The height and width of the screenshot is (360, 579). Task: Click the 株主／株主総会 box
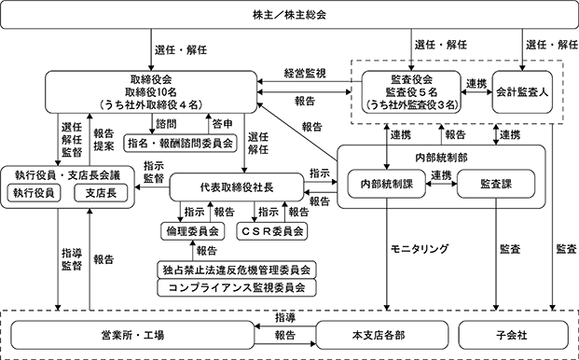coord(289,15)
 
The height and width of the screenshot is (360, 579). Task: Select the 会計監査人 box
coord(522,92)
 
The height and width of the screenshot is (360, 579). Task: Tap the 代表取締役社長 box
coord(237,187)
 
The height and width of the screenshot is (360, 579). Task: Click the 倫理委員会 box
coord(192,231)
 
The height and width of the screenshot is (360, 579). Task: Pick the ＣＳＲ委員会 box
coord(272,231)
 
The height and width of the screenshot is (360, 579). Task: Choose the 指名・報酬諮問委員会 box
coord(180,144)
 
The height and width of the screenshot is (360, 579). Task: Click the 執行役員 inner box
coord(34,193)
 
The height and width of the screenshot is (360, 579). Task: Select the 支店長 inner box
coord(101,193)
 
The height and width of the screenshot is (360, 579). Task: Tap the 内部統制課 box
coord(387,184)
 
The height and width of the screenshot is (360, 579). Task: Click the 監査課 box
coord(496,184)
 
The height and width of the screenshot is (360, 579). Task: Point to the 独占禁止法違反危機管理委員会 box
coord(237,270)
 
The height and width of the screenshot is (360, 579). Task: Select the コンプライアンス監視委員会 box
coord(237,287)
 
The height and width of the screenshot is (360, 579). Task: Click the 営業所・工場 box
coord(132,335)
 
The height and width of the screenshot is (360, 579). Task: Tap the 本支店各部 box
coord(382,335)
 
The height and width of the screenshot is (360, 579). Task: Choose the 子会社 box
coord(514,335)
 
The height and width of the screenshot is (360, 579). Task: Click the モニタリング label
coord(420,249)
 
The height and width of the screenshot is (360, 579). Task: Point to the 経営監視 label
coord(305,73)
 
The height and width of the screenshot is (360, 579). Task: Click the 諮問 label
coord(166,124)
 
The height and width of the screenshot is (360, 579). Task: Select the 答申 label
coord(222,124)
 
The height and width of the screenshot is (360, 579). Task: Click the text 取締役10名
coord(151,92)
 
